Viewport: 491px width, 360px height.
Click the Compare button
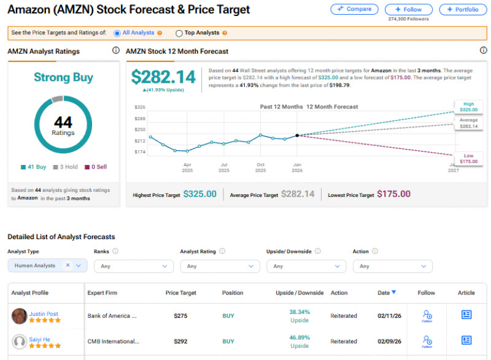point(355,9)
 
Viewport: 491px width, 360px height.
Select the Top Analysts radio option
point(179,33)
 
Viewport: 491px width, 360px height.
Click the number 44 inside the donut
point(63,123)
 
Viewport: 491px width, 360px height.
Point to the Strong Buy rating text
point(63,77)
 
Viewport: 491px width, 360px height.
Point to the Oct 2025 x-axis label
point(261,167)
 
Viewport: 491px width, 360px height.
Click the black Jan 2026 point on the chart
point(297,136)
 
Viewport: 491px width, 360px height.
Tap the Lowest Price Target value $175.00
point(393,194)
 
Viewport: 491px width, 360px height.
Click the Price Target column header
point(181,293)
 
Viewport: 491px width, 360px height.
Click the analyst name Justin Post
point(44,314)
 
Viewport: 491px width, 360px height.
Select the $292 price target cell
point(180,342)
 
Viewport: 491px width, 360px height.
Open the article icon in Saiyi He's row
point(466,340)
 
